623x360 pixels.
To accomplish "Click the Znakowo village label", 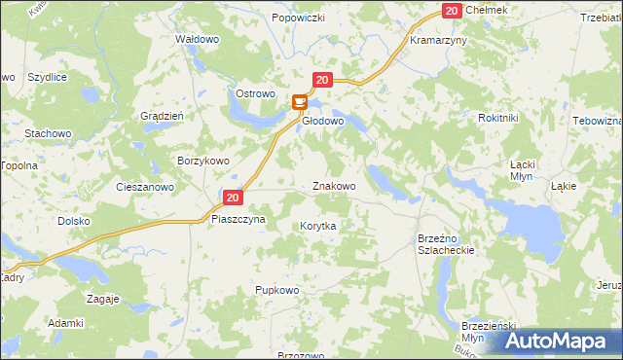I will (333, 186).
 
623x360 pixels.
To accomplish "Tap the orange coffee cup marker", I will (300, 101).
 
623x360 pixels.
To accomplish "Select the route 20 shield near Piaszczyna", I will (232, 198).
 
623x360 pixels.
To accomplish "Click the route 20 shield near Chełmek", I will (451, 10).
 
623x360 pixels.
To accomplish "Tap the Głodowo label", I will (323, 122).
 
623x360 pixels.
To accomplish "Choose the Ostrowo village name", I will (256, 93).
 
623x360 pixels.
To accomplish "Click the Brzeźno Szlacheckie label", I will (445, 243).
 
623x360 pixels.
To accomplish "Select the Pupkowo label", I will (276, 290).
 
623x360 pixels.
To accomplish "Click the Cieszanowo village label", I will (144, 186).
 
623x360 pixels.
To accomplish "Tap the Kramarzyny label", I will (439, 42).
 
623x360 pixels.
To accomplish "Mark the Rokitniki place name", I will (498, 118).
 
